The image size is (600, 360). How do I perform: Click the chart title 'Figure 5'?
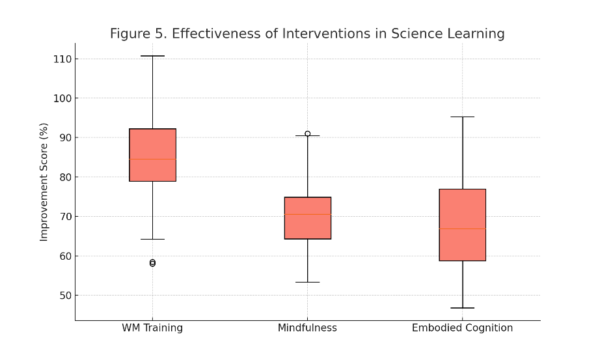(x=307, y=34)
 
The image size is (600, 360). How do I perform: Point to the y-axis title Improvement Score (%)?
(x=44, y=182)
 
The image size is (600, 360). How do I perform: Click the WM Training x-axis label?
(x=152, y=328)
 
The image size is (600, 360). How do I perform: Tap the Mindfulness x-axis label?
(x=307, y=328)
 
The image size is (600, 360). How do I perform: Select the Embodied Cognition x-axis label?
(x=462, y=328)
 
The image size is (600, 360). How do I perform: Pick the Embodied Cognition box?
(x=462, y=208)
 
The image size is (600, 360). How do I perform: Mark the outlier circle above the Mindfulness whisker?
(x=307, y=133)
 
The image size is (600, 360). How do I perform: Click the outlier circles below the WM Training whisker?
(x=152, y=263)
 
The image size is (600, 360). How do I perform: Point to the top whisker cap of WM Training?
(x=152, y=56)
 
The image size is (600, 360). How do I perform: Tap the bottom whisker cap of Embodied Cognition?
(x=462, y=308)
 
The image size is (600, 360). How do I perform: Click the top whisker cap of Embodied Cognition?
(x=462, y=117)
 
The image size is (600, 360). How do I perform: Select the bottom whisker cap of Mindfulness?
(x=307, y=282)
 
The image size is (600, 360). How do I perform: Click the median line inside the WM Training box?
(x=152, y=159)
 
